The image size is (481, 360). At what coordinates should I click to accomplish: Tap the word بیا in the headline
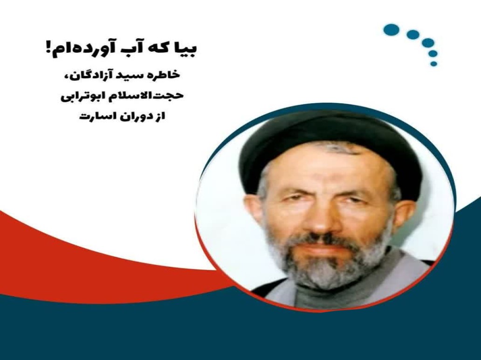click(186, 49)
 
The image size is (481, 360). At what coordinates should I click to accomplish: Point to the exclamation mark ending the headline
click(48, 49)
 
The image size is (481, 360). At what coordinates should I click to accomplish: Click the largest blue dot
click(391, 30)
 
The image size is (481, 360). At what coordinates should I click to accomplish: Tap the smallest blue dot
click(434, 64)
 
